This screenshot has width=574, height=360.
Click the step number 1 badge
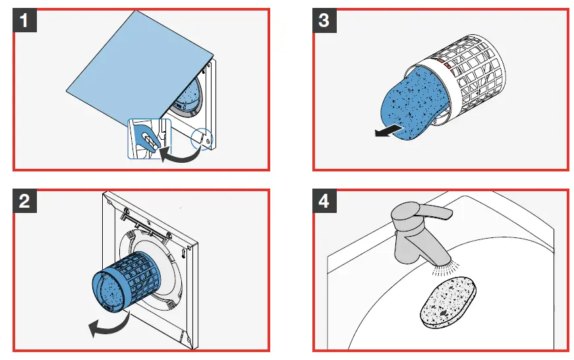click(24, 20)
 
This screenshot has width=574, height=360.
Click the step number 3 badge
click(324, 20)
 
